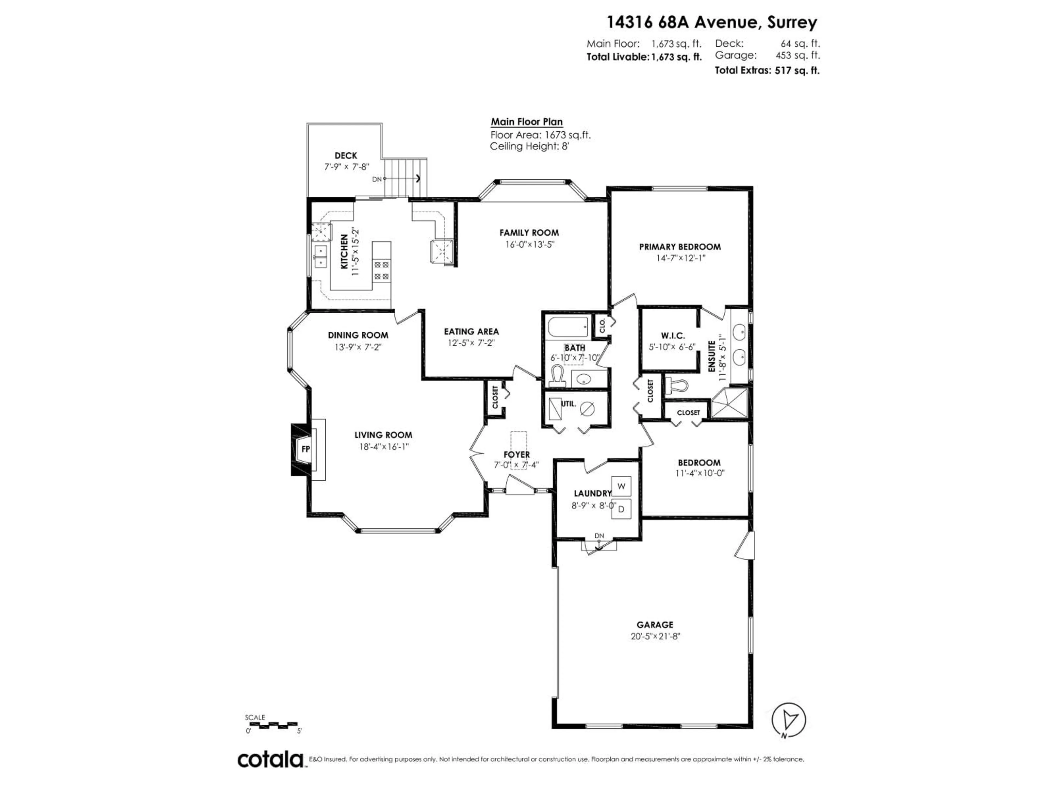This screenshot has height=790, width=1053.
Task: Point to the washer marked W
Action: (x=621, y=486)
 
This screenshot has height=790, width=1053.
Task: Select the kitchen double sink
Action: (x=320, y=257)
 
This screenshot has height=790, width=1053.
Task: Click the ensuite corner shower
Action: (x=729, y=403)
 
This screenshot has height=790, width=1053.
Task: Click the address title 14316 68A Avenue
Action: (x=711, y=22)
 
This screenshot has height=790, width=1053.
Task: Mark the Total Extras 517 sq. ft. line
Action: (x=767, y=70)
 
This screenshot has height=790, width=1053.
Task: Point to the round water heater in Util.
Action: (x=588, y=408)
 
